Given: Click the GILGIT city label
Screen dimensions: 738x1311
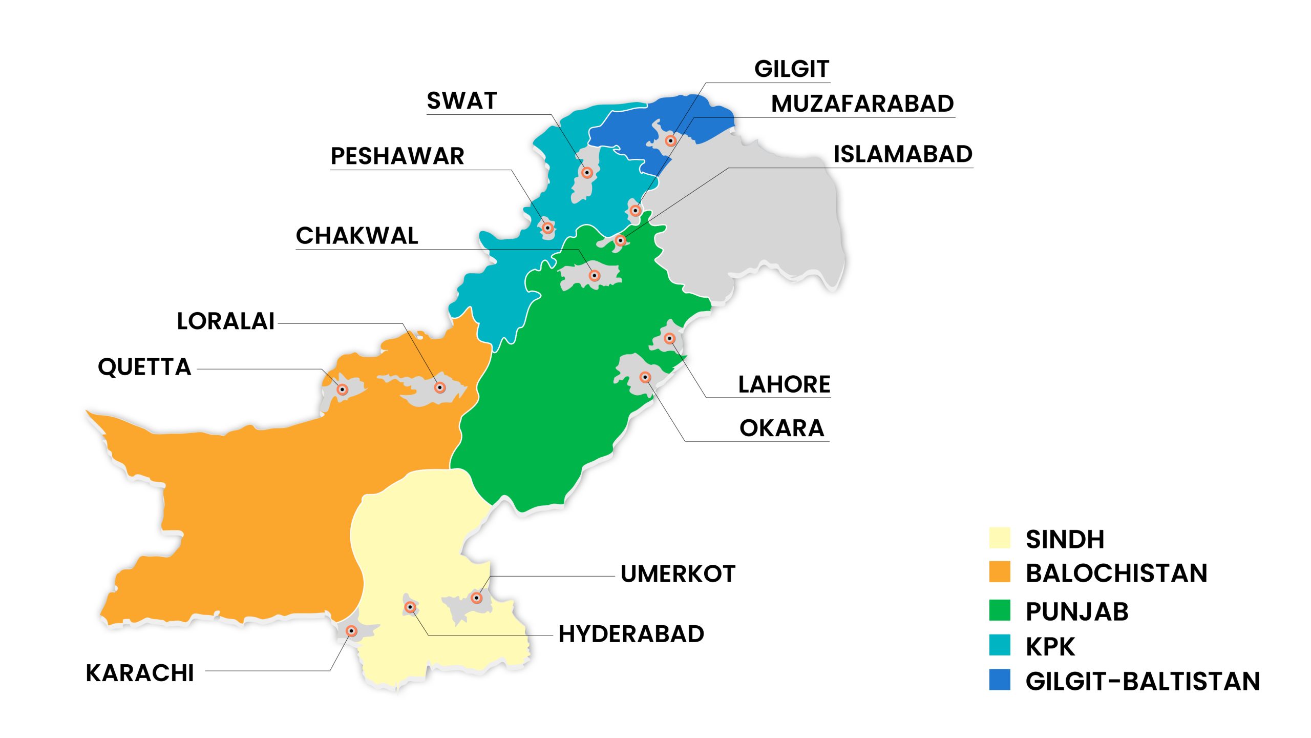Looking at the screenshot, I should (791, 69).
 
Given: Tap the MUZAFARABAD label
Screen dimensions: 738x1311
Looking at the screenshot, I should (862, 104).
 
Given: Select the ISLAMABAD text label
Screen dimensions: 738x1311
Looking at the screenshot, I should (903, 154).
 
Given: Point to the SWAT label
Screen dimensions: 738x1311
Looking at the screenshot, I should (461, 101).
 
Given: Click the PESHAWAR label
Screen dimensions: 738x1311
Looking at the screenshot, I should (397, 156).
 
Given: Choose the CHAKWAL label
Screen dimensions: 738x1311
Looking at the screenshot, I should (357, 236).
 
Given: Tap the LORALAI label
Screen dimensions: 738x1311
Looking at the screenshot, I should (226, 322).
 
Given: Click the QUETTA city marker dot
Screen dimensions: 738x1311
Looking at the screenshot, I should (343, 389).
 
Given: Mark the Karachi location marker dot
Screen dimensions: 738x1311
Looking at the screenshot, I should (351, 631).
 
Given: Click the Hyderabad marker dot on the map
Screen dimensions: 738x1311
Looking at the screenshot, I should (410, 607).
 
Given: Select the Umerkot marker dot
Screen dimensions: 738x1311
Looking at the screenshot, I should (477, 598).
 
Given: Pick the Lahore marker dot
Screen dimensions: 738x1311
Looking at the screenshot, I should (669, 338).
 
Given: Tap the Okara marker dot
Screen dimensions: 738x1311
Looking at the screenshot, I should (645, 378).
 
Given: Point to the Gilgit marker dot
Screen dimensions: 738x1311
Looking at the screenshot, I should (670, 140).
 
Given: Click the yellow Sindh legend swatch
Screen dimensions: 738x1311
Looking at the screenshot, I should (1000, 538).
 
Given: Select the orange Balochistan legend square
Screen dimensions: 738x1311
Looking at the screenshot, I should (1000, 572).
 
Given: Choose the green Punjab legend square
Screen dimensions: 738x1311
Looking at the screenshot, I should (1000, 610).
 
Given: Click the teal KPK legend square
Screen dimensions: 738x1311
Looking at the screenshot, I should (1000, 645).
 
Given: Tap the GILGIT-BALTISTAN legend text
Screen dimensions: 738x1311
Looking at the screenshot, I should (1143, 682).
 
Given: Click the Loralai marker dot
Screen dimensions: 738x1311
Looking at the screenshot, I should (439, 387).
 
